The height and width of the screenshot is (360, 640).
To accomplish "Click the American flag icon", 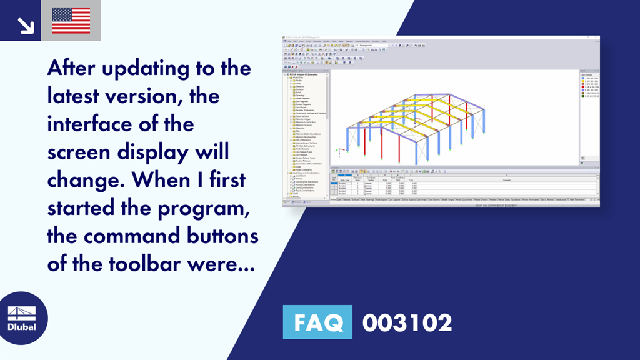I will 71,21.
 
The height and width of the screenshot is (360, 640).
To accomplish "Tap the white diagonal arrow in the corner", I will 26,25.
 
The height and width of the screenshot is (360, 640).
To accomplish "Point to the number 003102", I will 407,323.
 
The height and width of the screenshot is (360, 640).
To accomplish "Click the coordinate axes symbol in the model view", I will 338,151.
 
